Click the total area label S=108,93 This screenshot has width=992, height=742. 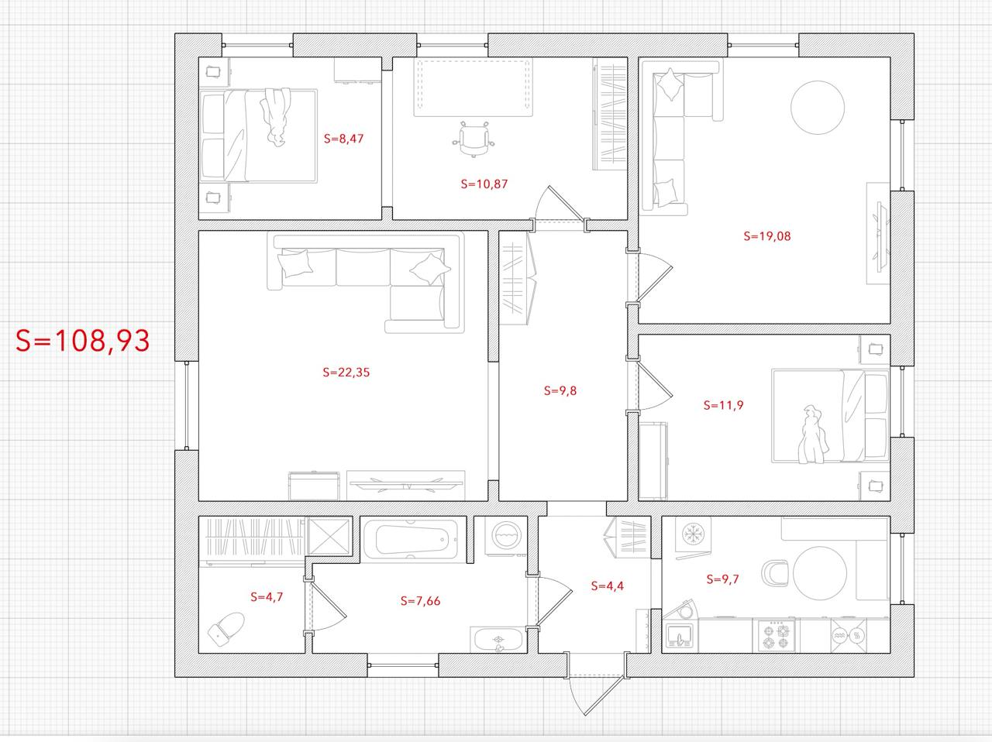click(x=83, y=341)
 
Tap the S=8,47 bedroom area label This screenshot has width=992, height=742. click(x=343, y=139)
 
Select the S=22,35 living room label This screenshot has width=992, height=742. click(x=346, y=373)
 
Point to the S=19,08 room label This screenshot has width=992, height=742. click(x=767, y=236)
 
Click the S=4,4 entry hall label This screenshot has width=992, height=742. click(x=608, y=586)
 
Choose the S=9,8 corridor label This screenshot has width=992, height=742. click(x=560, y=390)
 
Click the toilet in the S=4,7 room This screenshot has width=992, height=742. click(x=226, y=629)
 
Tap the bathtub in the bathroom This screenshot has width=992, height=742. click(x=413, y=539)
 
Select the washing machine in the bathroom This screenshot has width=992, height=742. click(x=506, y=536)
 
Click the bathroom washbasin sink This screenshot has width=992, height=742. click(x=498, y=640)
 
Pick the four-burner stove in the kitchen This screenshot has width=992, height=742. click(x=773, y=635)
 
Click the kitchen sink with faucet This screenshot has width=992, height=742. click(x=679, y=635)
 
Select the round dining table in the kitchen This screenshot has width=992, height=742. click(x=820, y=573)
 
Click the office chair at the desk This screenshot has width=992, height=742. click(x=474, y=139)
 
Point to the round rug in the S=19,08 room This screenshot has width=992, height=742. click(x=818, y=108)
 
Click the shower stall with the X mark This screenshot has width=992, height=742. click(x=329, y=537)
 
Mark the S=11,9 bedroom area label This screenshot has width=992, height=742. click(x=723, y=406)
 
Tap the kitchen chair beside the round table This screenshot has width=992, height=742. click(x=775, y=573)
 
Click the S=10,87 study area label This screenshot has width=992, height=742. click(x=484, y=184)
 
